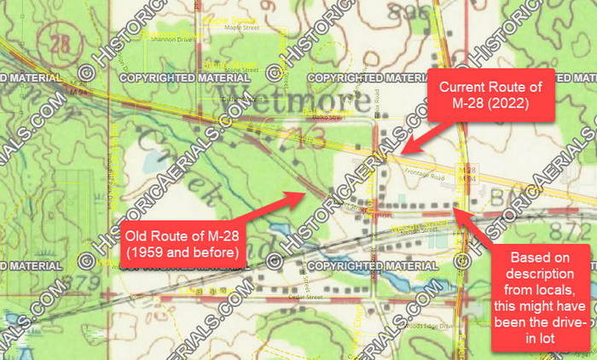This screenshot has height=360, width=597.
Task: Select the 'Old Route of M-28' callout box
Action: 179,244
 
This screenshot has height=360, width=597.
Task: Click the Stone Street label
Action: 241,70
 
